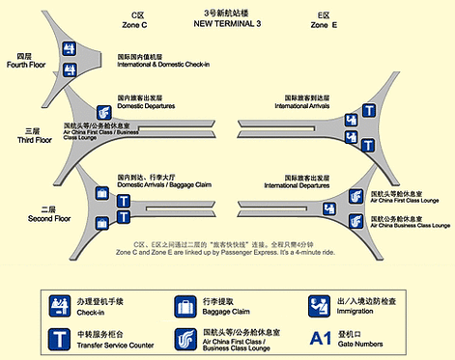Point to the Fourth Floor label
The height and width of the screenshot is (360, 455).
coord(22,62)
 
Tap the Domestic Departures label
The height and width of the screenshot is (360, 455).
coord(151,103)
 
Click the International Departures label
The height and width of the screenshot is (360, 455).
coord(313,183)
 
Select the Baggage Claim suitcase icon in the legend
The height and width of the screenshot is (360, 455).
coord(185,306)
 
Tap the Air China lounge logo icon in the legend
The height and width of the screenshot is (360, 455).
coord(185,339)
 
